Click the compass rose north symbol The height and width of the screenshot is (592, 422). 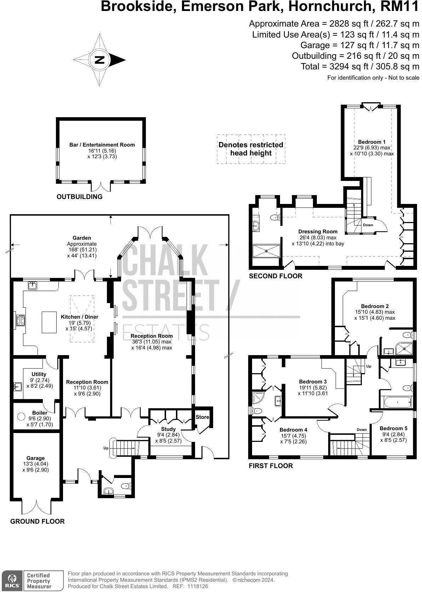tap(99, 60)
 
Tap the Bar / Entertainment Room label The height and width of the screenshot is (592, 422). tap(102, 145)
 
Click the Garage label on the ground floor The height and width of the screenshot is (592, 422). tap(35, 458)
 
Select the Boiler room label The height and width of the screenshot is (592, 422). tap(40, 413)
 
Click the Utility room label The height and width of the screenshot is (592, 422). tap(39, 374)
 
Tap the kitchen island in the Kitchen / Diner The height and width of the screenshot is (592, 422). tap(49, 322)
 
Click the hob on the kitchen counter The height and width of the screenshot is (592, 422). tap(20, 320)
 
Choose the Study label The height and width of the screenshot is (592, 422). tap(168, 429)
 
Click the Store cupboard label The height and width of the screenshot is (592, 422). tap(203, 417)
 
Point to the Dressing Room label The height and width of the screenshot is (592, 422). tap(318, 232)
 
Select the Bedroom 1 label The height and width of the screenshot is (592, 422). tap(372, 142)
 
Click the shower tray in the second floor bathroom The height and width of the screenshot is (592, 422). tap(266, 251)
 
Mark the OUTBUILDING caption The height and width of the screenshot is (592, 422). tap(79, 197)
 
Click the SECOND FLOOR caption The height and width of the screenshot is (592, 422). tap(275, 276)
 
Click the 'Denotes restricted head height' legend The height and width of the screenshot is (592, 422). tap(251, 149)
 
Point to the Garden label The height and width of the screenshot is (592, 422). tap(82, 238)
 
